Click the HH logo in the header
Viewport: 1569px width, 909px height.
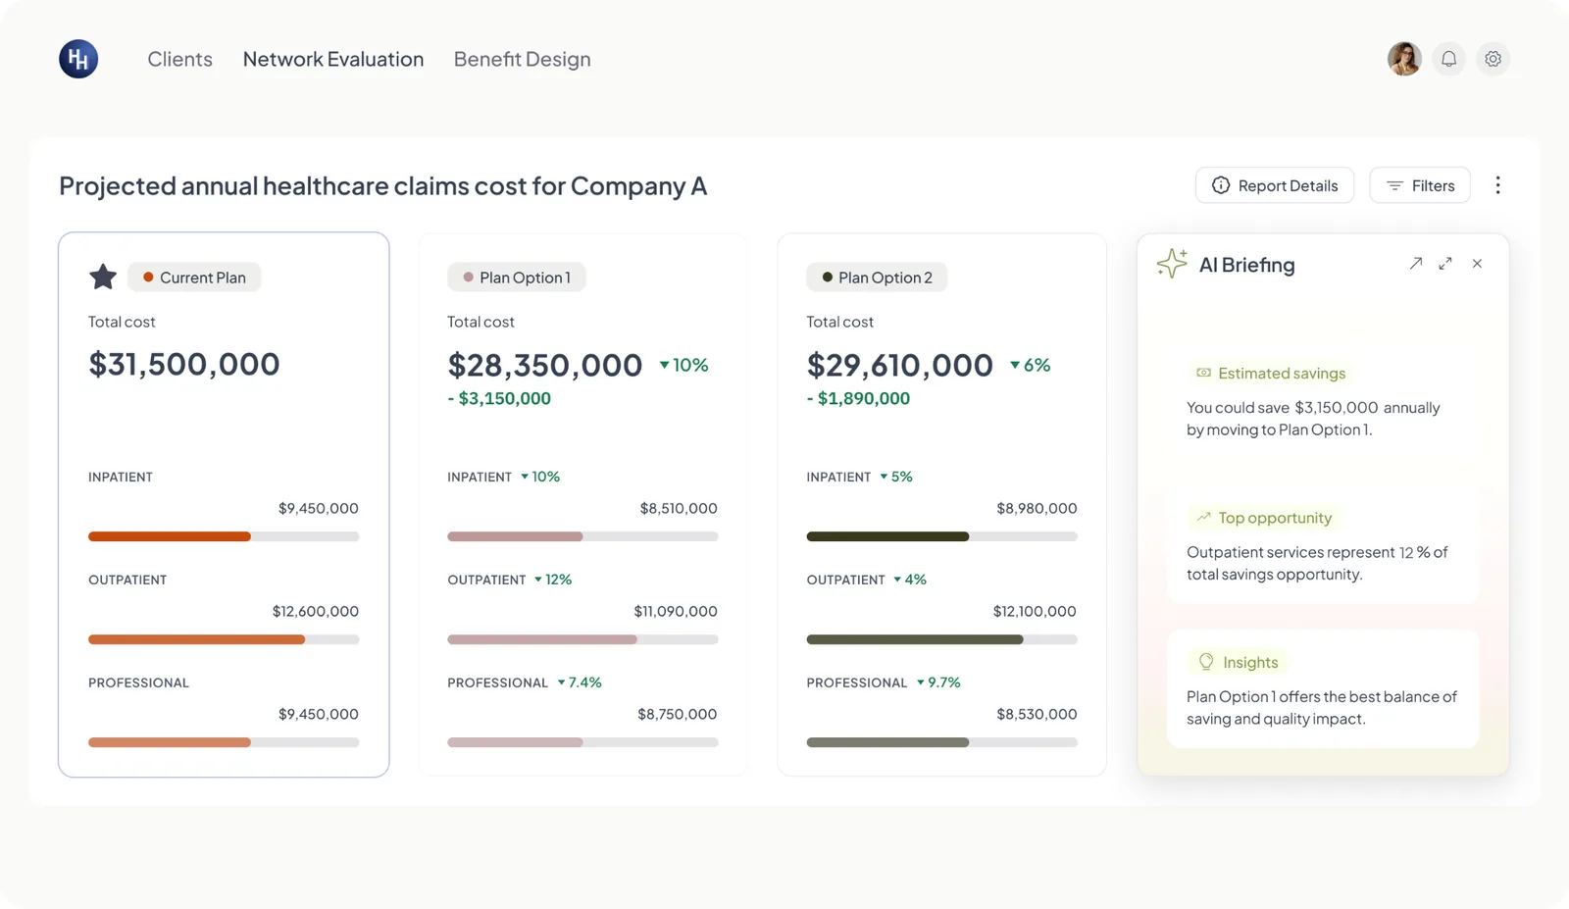[78, 59]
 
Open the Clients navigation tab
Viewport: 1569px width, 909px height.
[179, 59]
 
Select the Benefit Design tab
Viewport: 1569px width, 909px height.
[522, 59]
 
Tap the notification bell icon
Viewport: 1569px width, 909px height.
[1448, 59]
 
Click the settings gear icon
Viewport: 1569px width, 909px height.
[1493, 59]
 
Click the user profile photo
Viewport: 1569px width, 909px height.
[1404, 59]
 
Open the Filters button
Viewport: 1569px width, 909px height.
[1420, 185]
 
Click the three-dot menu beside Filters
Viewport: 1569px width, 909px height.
[1497, 185]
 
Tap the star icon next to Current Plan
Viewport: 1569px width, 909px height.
[103, 277]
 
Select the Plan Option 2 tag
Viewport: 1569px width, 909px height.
[877, 278]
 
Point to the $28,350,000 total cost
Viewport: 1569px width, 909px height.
[545, 365]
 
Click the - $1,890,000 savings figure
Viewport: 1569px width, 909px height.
[858, 398]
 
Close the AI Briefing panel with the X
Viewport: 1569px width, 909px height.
[1477, 264]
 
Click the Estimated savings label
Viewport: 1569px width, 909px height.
[1282, 374]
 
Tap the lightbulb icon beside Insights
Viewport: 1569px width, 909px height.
[1205, 662]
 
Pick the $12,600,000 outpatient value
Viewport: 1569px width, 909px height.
[315, 611]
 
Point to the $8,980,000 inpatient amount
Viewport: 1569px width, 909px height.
[1037, 508]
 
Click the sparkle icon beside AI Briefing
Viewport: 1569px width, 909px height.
[1172, 264]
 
